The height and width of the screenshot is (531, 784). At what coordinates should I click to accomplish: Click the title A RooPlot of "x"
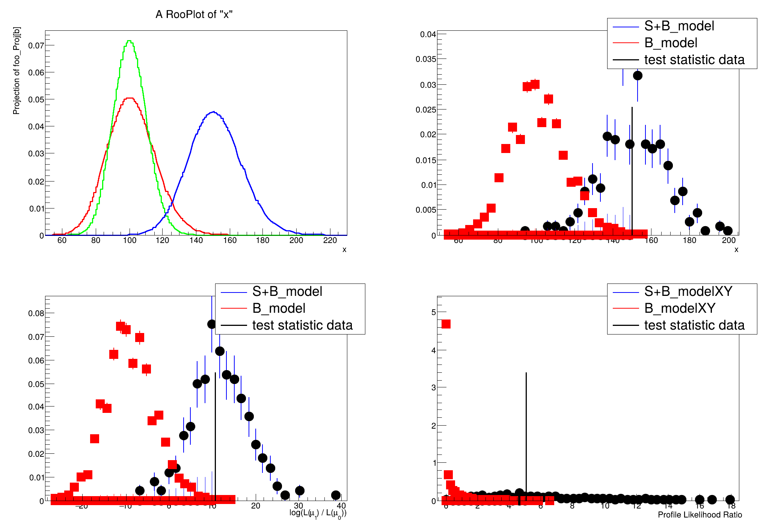tap(194, 15)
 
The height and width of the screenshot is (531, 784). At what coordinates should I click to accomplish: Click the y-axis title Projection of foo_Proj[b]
tap(17, 70)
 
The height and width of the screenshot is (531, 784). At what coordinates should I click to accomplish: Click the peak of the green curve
tap(129, 41)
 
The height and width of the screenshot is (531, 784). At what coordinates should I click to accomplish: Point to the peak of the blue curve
tap(213, 112)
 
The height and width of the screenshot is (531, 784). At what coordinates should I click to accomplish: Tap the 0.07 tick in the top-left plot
tap(36, 45)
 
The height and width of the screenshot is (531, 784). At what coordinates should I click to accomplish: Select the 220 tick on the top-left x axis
tap(330, 240)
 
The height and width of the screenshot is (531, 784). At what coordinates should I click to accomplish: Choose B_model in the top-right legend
tap(671, 43)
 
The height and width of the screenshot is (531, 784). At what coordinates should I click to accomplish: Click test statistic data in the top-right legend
tap(694, 60)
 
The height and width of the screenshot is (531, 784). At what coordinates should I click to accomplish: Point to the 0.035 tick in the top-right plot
tap(426, 59)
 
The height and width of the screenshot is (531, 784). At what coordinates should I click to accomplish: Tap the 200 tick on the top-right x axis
tap(728, 240)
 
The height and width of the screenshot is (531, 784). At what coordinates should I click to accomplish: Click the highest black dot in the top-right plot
tap(638, 76)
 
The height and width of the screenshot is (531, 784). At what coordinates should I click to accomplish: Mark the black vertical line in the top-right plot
tap(632, 169)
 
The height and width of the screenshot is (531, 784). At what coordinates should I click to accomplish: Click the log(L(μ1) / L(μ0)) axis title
tap(318, 513)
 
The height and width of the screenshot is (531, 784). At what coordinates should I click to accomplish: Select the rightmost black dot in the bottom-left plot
tap(336, 495)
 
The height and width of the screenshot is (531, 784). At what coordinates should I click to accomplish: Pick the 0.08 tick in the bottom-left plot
tap(36, 313)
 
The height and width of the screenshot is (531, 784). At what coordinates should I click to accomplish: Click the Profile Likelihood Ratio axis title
tap(700, 515)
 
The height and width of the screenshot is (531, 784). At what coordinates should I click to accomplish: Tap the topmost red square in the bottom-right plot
tap(446, 324)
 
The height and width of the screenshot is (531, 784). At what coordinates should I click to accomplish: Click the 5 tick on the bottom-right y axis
tap(434, 312)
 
